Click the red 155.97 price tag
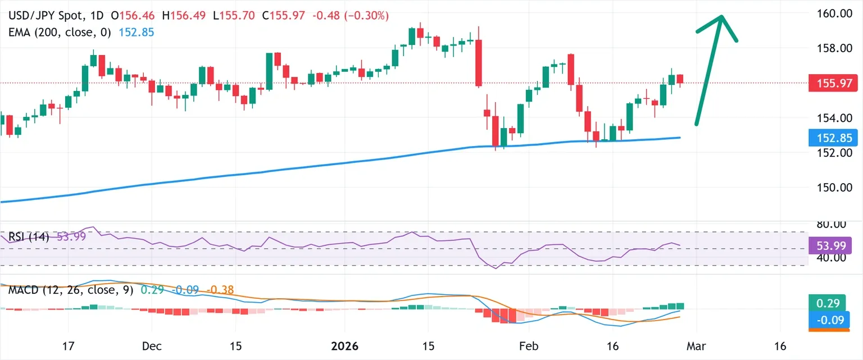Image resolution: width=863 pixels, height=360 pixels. tap(833, 83)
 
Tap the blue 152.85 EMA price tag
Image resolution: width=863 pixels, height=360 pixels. tap(833, 138)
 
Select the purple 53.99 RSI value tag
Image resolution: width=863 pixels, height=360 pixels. tap(830, 245)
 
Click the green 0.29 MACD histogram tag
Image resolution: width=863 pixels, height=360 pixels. tap(827, 303)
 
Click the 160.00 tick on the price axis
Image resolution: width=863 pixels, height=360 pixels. tap(834, 13)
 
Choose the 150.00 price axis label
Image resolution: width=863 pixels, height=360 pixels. tap(834, 188)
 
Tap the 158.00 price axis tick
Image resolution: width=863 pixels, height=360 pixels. tap(834, 48)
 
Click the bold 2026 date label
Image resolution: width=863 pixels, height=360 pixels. tap(344, 346)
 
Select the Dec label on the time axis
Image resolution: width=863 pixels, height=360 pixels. tap(151, 346)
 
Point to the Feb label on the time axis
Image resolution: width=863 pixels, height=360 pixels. tap(529, 346)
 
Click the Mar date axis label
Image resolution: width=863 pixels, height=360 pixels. tap(696, 346)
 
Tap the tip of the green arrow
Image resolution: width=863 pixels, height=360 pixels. tap(721, 16)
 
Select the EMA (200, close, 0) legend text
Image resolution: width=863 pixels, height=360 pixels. tap(60, 33)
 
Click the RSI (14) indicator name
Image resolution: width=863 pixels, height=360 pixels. tap(29, 236)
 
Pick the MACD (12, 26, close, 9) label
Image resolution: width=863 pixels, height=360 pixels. tap(71, 290)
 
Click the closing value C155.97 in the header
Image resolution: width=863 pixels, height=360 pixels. tap(284, 16)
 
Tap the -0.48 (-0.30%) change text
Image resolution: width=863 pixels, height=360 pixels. tap(351, 16)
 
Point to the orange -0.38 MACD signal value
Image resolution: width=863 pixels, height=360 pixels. tap(220, 290)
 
